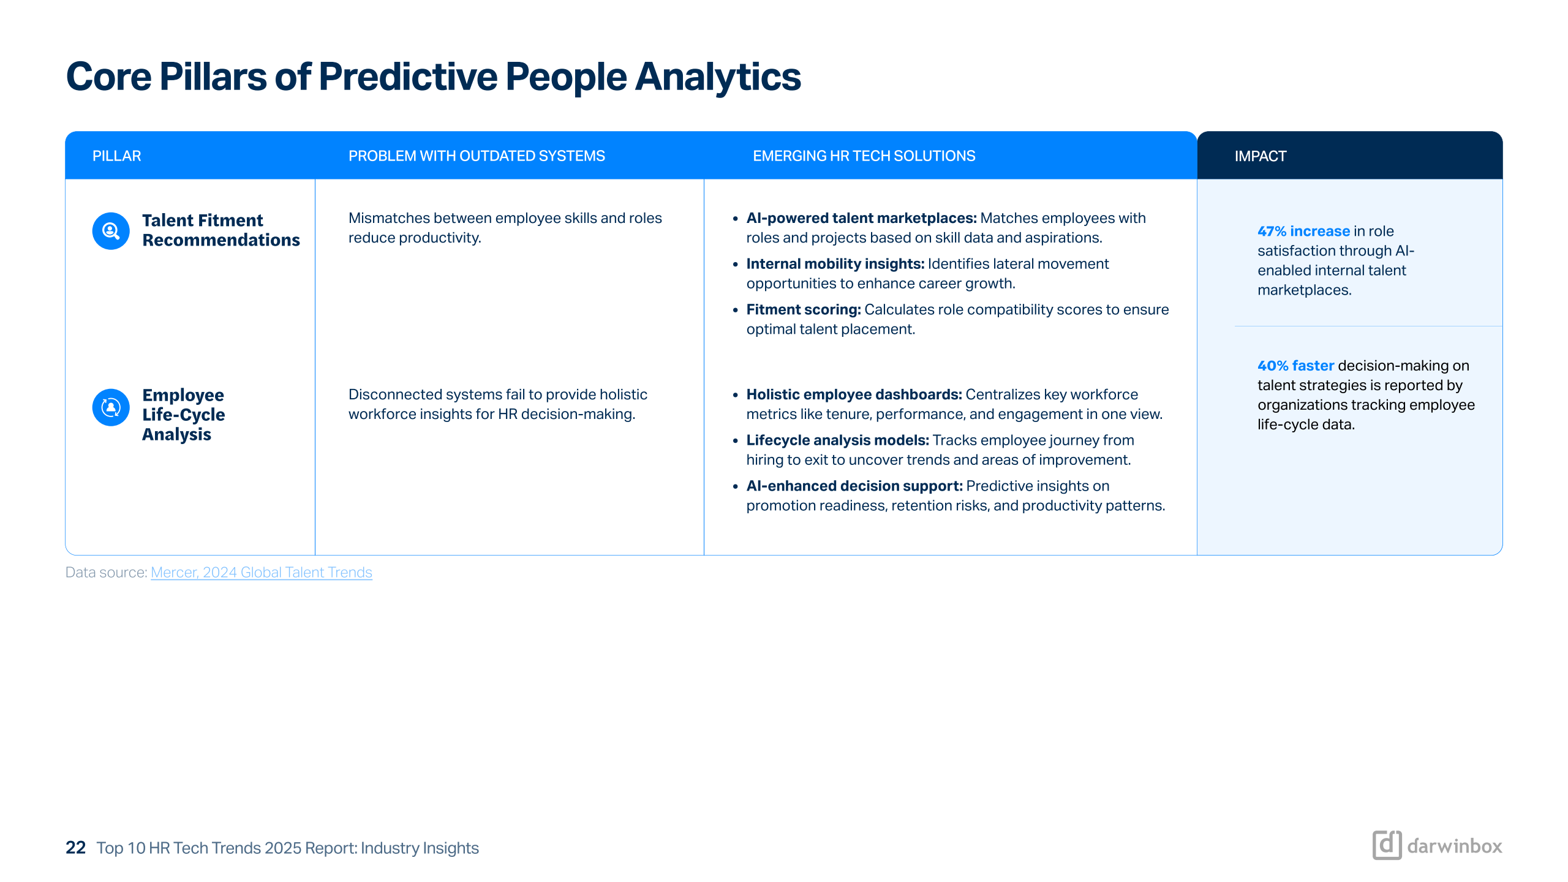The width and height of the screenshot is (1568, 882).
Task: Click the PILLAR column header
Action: tap(116, 156)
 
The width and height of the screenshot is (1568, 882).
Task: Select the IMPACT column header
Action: tap(1260, 156)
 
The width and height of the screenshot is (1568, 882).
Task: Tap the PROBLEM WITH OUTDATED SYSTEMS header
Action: tap(477, 156)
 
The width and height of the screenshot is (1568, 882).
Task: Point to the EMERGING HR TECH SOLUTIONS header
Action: tap(864, 156)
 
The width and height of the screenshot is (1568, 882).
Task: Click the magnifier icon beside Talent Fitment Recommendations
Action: tap(111, 231)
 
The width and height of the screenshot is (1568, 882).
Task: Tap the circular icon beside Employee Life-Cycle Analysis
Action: tap(111, 407)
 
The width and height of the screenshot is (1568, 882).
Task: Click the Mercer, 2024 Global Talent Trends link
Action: tap(262, 572)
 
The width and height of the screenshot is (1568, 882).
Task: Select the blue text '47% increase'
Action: tap(1303, 231)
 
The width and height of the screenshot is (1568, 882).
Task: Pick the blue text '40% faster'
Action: tap(1295, 366)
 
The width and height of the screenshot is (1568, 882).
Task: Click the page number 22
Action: tap(75, 848)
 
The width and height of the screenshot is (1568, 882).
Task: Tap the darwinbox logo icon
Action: tap(1387, 845)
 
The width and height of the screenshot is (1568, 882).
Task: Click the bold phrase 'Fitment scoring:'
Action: tap(804, 310)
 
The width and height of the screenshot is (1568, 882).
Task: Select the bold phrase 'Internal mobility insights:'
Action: tap(835, 264)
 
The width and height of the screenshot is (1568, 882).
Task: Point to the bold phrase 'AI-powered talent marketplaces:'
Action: tap(861, 218)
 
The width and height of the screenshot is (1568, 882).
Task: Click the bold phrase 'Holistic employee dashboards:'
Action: tap(854, 394)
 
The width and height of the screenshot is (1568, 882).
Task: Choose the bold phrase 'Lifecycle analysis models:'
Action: tap(838, 440)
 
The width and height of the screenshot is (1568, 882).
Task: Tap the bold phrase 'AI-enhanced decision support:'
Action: tap(854, 486)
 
